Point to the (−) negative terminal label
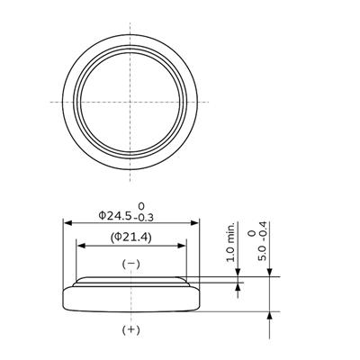130,263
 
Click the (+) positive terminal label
130,330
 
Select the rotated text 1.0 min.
231,240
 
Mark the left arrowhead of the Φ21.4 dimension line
79,244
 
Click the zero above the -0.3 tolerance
140,206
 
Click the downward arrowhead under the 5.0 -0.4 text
271,273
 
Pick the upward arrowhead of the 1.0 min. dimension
237,290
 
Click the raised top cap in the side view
131,282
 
